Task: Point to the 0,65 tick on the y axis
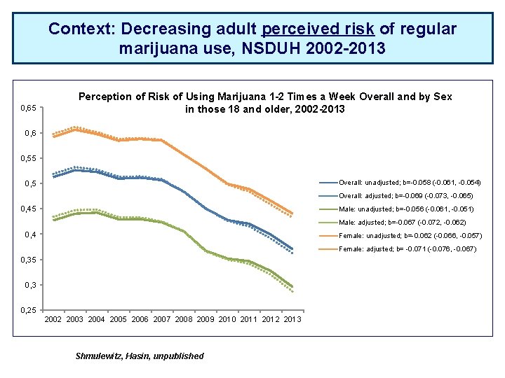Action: (x=29, y=108)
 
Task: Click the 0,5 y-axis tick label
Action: (x=32, y=184)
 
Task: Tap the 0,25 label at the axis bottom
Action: (x=29, y=310)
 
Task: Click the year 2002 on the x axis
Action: (x=53, y=320)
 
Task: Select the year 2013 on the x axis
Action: (x=292, y=320)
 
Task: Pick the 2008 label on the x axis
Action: (x=184, y=320)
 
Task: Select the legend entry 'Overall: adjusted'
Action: (x=406, y=195)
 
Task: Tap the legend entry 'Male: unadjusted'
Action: (x=405, y=209)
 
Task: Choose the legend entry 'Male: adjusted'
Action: (x=403, y=223)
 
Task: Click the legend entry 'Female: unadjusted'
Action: (x=410, y=236)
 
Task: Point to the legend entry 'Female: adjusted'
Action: (x=407, y=249)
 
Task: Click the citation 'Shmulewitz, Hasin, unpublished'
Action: (x=140, y=356)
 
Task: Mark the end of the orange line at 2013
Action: (x=292, y=213)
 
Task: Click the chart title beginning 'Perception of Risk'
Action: (x=265, y=102)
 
